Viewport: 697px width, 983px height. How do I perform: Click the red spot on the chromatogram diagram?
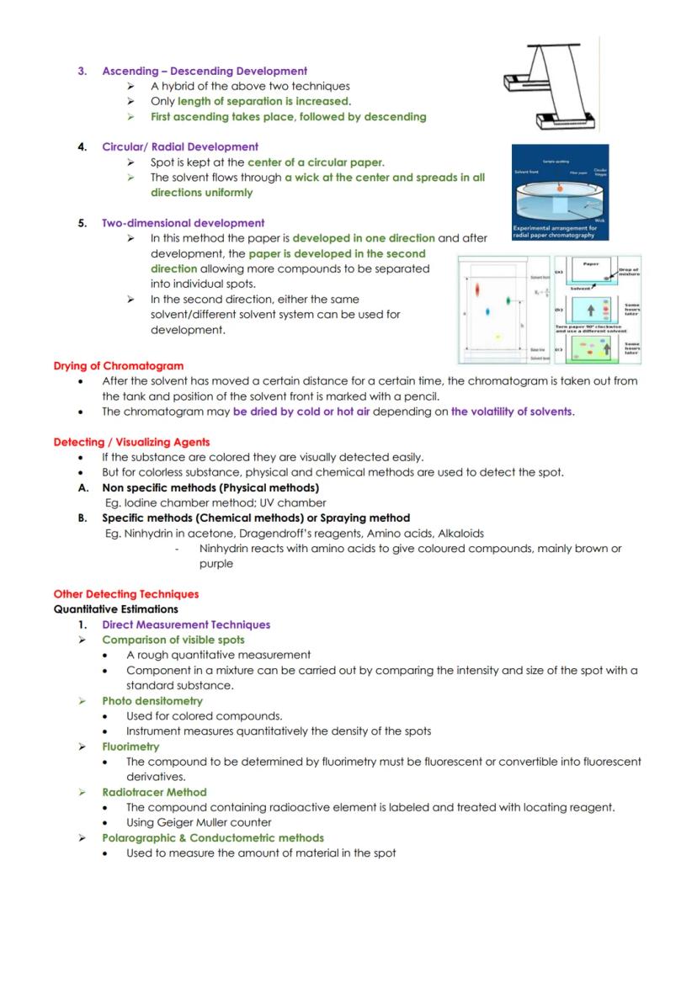tap(477, 290)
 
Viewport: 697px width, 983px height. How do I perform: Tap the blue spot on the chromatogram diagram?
tap(488, 311)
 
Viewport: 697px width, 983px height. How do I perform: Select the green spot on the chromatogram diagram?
tap(508, 301)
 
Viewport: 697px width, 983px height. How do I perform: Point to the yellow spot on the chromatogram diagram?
tap(497, 336)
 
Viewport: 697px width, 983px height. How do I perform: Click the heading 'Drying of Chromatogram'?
tap(119, 366)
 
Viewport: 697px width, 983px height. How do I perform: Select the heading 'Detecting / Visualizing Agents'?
tap(131, 442)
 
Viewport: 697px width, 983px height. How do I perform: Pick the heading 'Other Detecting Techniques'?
tap(126, 594)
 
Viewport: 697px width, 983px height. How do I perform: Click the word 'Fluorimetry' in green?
tap(130, 747)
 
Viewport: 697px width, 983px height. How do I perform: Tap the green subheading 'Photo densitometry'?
tap(152, 701)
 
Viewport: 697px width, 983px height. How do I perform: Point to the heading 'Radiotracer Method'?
tap(154, 792)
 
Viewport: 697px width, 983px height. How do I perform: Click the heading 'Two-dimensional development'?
tap(183, 223)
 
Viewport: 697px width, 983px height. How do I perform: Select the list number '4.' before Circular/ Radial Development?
tap(82, 146)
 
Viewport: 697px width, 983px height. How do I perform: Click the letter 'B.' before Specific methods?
tap(83, 518)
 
